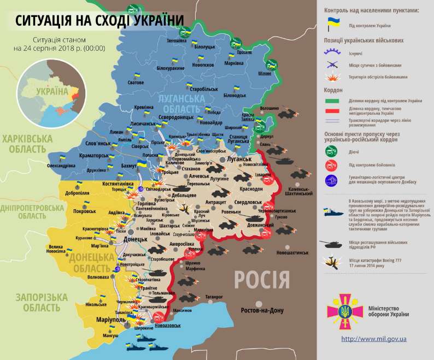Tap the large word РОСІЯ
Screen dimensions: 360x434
coord(262,280)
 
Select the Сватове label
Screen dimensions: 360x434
coord(136,82)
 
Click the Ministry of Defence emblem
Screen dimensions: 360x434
coord(345,312)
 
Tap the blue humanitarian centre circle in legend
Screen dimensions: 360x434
coord(331,181)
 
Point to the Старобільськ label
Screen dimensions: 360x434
coord(203,88)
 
